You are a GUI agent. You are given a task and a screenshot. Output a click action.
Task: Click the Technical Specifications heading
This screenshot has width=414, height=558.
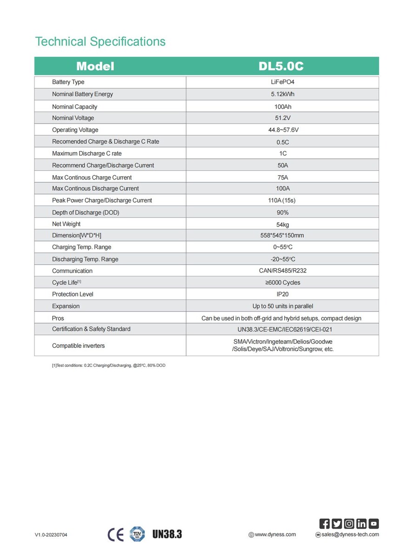click(x=100, y=41)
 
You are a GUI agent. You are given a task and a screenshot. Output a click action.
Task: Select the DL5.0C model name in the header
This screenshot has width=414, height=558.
click(x=281, y=66)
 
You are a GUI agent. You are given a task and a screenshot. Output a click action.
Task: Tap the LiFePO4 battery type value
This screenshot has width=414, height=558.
click(x=282, y=82)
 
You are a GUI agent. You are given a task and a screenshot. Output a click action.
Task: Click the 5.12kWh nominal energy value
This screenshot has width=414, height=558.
click(x=282, y=94)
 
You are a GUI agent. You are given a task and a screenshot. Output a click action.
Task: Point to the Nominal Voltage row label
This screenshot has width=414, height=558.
click(x=73, y=118)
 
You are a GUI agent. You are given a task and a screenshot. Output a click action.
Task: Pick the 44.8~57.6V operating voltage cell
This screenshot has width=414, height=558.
click(x=282, y=130)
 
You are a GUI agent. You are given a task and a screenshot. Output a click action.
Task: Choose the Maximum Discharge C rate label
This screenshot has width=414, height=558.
click(x=87, y=153)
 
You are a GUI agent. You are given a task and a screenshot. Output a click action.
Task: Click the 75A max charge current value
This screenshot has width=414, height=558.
click(x=282, y=177)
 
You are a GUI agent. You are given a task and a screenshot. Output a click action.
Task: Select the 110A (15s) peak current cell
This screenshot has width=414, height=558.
click(x=282, y=200)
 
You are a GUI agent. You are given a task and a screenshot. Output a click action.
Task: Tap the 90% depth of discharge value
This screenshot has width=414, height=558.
click(x=282, y=213)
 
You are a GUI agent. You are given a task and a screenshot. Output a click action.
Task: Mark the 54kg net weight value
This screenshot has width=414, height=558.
click(x=282, y=224)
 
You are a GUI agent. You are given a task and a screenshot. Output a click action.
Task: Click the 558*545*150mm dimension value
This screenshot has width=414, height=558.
click(x=282, y=235)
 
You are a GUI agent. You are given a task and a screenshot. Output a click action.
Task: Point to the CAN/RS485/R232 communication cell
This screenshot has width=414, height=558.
click(x=282, y=271)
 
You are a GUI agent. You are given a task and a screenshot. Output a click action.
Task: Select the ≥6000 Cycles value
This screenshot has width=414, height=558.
click(x=282, y=282)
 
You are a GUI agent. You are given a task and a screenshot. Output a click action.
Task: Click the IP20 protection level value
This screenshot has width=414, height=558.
click(x=282, y=294)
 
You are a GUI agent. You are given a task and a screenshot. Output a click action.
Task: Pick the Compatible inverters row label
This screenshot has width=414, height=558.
click(x=78, y=345)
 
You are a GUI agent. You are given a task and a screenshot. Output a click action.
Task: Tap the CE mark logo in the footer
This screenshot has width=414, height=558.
click(x=115, y=534)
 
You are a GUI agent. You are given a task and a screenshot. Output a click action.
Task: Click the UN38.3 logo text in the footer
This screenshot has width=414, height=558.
click(x=167, y=534)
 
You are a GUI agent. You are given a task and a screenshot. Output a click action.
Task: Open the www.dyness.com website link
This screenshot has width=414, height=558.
click(x=275, y=534)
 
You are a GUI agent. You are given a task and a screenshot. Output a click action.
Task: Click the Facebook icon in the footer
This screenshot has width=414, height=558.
click(x=325, y=524)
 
